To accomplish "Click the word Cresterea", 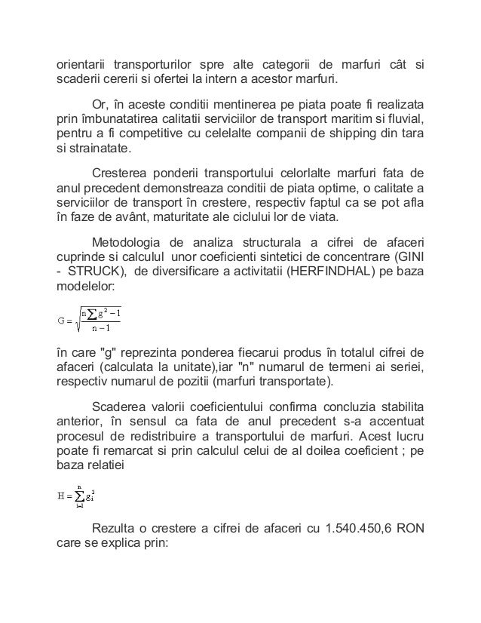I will [121, 170].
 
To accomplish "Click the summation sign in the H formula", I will [79, 496].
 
